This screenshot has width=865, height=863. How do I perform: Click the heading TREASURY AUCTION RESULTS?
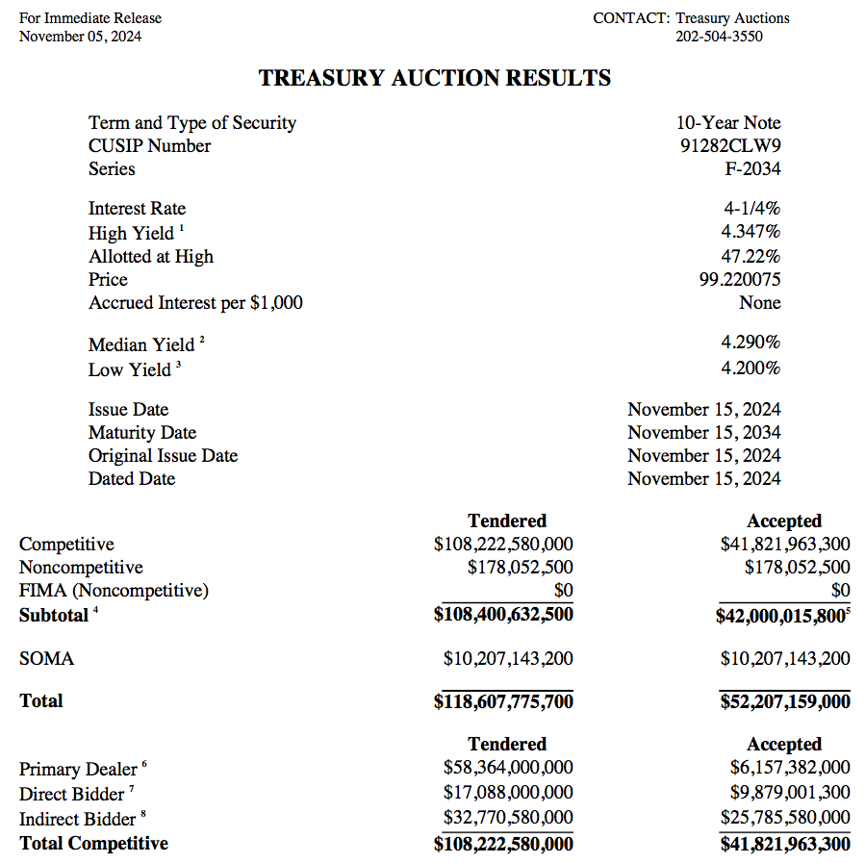(x=435, y=79)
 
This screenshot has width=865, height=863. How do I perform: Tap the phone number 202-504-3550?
(x=719, y=37)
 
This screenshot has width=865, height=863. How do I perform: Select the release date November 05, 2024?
(x=81, y=37)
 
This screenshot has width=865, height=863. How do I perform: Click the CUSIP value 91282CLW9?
(x=729, y=146)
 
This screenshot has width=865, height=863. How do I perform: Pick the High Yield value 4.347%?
(x=751, y=232)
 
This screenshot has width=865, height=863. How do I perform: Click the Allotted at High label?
(x=151, y=257)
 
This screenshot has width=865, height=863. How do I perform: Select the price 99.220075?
(x=739, y=280)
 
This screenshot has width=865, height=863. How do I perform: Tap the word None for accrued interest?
(x=759, y=303)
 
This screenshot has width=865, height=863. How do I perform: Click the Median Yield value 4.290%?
(x=751, y=343)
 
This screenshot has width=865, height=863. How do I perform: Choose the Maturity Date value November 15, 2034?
(x=703, y=433)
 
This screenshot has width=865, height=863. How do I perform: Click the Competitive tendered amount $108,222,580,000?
(x=503, y=545)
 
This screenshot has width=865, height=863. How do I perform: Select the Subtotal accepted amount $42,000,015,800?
(x=780, y=615)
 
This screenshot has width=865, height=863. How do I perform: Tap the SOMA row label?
(x=46, y=659)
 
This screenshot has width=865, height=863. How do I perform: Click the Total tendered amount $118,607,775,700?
(x=503, y=702)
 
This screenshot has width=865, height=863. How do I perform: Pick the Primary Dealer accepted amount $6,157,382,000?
(x=789, y=768)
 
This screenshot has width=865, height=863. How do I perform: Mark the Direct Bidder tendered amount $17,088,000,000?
(x=508, y=793)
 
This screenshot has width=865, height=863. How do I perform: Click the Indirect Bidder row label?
(x=77, y=820)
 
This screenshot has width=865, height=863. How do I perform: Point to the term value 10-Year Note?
(x=728, y=123)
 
